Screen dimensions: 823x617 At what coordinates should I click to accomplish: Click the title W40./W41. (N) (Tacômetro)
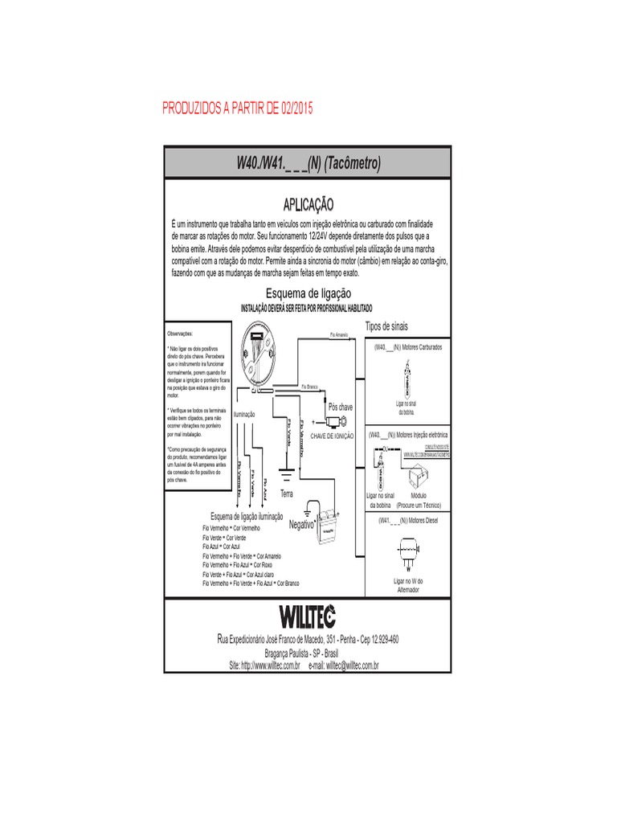point(308,163)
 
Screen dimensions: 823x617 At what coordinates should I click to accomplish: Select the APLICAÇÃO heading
point(308,207)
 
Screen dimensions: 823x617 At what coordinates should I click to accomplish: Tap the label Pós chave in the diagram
point(341,407)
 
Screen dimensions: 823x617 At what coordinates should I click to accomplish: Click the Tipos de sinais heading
point(386,326)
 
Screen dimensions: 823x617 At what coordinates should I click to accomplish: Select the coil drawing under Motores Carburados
point(408,378)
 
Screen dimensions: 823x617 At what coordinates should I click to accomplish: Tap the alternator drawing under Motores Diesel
point(408,551)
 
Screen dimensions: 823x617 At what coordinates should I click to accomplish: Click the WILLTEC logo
point(308,616)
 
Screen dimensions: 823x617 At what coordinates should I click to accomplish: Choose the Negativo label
point(300,523)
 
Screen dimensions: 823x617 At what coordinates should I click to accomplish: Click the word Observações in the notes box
point(180,332)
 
